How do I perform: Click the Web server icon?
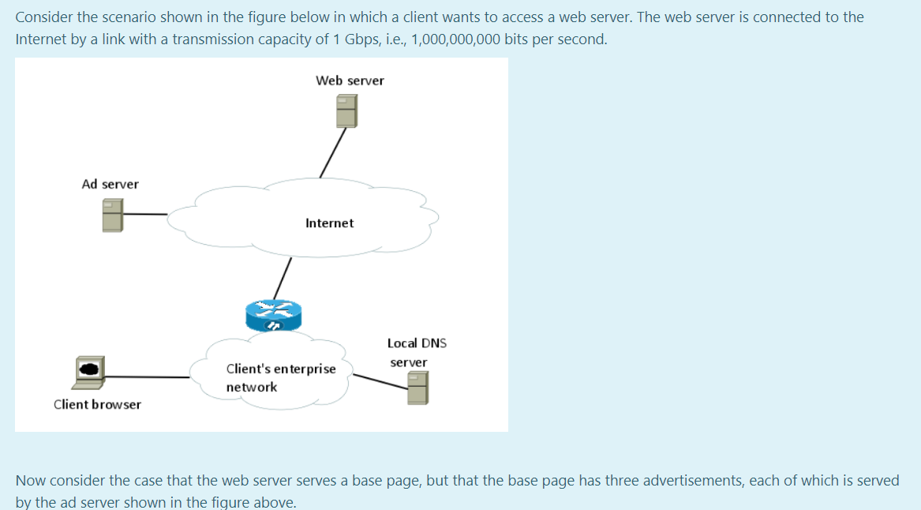tap(346, 111)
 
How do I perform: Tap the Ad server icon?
tap(113, 214)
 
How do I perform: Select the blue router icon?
tap(273, 315)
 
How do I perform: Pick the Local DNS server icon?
tap(417, 388)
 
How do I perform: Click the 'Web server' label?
tap(350, 81)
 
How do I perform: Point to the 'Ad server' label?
tap(110, 184)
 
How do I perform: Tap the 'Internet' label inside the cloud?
tap(329, 223)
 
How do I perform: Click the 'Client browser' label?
tap(97, 404)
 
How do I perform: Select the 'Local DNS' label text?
tap(417, 343)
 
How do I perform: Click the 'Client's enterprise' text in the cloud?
tap(280, 369)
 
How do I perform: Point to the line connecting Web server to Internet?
tap(332, 153)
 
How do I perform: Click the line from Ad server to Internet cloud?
tap(145, 214)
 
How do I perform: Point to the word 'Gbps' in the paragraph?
tap(365, 39)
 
